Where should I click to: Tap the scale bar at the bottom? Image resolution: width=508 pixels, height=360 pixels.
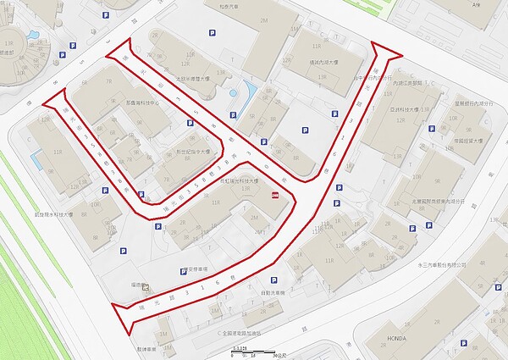click(x=255, y=350)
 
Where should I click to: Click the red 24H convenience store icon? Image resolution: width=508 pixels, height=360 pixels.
click(x=273, y=196)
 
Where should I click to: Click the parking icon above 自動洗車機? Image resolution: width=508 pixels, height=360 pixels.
click(x=272, y=281)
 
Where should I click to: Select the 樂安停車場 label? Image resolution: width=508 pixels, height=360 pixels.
click(x=194, y=271)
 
